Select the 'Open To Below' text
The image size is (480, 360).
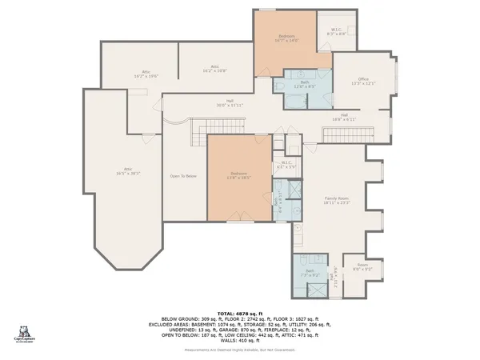pos(183,176)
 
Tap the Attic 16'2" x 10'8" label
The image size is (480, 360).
pos(215,69)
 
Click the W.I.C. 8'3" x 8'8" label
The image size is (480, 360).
pos(336,31)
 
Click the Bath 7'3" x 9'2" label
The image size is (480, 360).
pos(306,273)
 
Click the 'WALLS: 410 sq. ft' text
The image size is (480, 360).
pos(240,339)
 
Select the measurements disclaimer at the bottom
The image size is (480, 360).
pos(240,350)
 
